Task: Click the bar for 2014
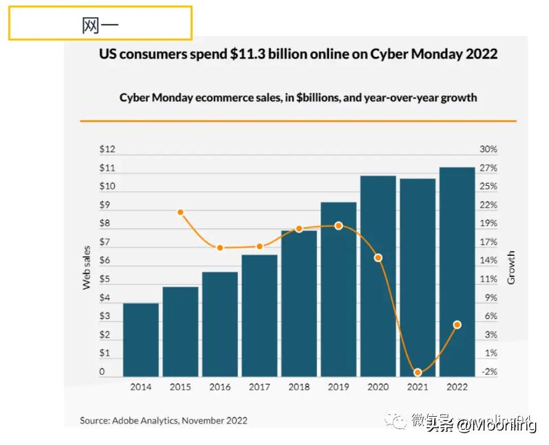141,340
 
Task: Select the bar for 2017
259,316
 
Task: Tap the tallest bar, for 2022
457,272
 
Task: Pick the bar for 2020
378,276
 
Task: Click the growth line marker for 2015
180,213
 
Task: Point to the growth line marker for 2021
418,372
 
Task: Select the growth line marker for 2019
338,226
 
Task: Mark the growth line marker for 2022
458,324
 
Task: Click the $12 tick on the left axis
107,149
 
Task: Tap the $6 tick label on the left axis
105,261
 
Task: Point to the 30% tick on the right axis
488,149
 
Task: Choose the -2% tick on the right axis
489,372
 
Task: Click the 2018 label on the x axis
299,387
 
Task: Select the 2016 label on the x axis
219,387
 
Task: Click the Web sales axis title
87,268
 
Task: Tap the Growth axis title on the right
511,268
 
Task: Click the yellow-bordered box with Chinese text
100,24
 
